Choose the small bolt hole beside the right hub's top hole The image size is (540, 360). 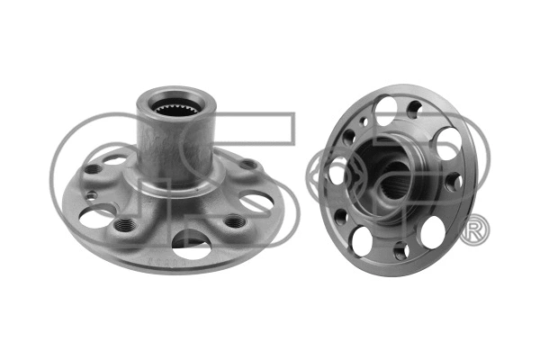tap(416, 110)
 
